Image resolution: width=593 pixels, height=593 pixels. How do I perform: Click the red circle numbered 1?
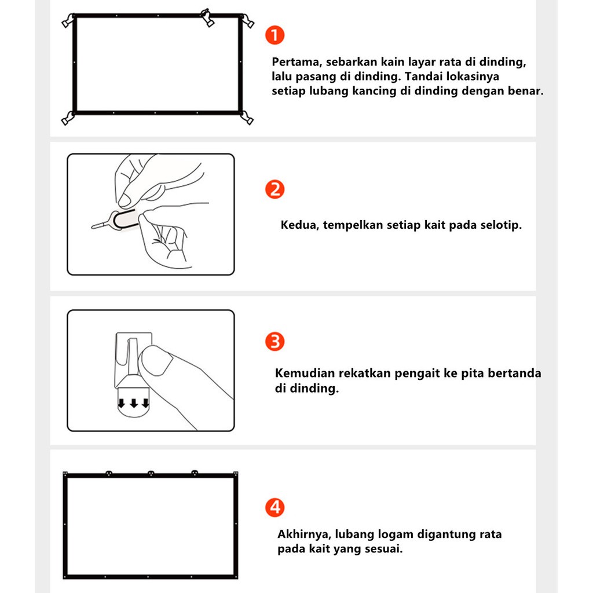point(274,35)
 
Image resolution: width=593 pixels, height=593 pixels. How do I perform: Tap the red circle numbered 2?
point(274,189)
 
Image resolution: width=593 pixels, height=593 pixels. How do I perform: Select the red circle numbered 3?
point(274,342)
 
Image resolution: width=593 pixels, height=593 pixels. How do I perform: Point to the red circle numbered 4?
point(274,507)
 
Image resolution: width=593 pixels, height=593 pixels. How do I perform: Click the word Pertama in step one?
point(296,63)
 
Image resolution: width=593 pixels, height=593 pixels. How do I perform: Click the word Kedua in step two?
point(299,225)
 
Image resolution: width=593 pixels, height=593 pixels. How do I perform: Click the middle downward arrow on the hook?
point(134,403)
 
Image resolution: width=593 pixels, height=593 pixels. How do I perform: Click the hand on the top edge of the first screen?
point(207,17)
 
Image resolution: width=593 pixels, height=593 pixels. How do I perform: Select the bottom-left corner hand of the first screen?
point(68,118)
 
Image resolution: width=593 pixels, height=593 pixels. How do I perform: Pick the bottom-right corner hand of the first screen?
point(247,118)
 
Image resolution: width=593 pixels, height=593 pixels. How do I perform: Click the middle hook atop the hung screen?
point(151,473)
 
